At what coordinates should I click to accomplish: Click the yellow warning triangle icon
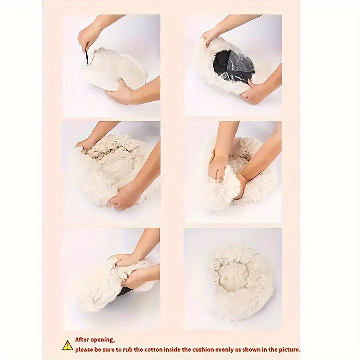coord(67,346)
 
